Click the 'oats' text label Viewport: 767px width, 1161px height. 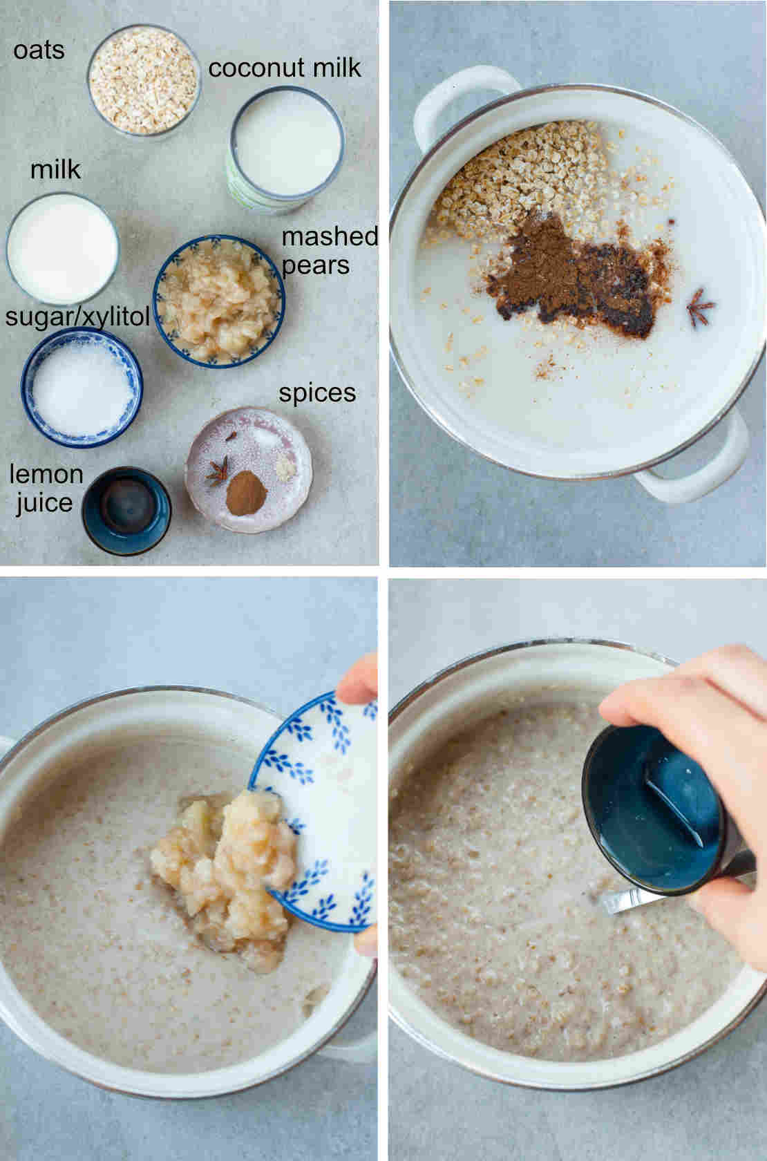39,50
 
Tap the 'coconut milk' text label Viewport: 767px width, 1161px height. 285,68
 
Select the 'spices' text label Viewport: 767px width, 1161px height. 317,393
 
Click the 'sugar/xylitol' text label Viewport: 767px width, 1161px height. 77,317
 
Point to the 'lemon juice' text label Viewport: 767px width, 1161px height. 45,488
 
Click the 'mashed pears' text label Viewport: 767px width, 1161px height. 329,250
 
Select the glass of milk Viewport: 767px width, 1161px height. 62,249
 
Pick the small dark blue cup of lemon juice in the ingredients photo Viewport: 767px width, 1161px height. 126,510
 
